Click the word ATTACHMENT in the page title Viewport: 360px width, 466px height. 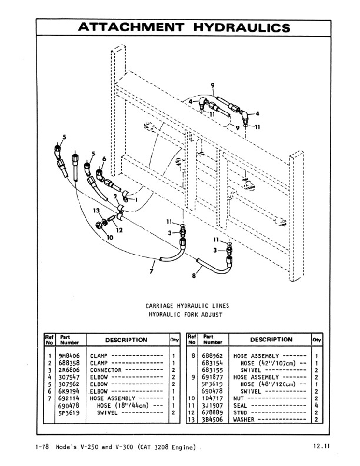pyautogui.click(x=130, y=27)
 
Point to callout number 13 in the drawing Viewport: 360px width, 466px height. pyautogui.click(x=96, y=211)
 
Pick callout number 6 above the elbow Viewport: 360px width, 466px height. pyautogui.click(x=104, y=159)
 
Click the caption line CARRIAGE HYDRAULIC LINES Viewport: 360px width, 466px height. pyautogui.click(x=187, y=306)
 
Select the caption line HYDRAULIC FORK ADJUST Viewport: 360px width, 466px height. pyautogui.click(x=187, y=315)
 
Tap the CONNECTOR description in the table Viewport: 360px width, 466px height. pyautogui.click(x=105, y=370)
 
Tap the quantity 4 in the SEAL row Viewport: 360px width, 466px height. pyautogui.click(x=316, y=405)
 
